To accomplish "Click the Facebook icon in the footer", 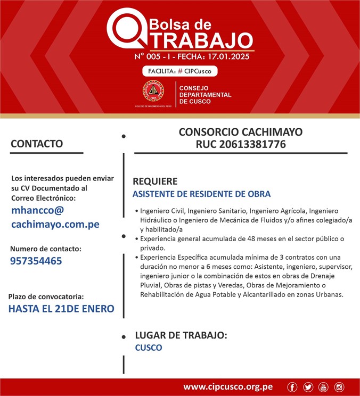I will point(292,387).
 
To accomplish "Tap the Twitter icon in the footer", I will point(308,387).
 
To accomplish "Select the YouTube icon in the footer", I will point(323,387).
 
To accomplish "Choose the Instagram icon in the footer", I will point(339,387).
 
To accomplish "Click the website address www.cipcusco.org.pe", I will point(228,387).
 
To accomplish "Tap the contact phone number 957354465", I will point(36,261).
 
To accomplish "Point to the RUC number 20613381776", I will point(241,144).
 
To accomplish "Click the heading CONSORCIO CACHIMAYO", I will point(240,131).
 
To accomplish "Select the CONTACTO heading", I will point(37,144).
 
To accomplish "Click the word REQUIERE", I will point(155,181).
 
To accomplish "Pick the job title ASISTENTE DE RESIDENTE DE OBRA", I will point(201,194).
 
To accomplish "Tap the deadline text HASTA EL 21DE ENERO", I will point(61,309).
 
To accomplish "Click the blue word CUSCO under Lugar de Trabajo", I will point(149,348).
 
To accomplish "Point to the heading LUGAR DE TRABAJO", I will point(181,335).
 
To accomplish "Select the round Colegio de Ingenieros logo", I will point(153,92).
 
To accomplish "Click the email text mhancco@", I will point(37,210).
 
